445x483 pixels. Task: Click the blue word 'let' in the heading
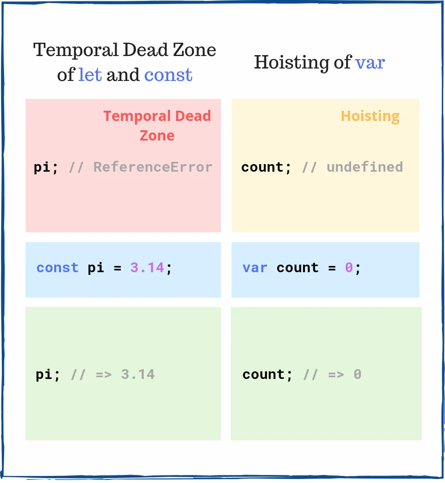click(90, 75)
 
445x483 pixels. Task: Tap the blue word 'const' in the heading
click(168, 75)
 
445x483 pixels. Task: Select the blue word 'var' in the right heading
click(370, 62)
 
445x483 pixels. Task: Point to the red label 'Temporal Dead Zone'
click(157, 125)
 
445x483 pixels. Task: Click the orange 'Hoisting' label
click(370, 116)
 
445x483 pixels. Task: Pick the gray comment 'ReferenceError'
click(153, 167)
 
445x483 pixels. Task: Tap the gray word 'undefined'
click(364, 167)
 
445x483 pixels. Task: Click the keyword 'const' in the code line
click(57, 268)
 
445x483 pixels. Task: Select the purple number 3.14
click(147, 268)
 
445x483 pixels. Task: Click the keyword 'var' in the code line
click(255, 268)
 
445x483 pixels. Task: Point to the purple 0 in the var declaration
click(349, 268)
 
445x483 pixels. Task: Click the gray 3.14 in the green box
click(138, 374)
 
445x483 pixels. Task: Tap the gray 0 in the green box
click(357, 374)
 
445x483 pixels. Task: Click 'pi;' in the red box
click(46, 168)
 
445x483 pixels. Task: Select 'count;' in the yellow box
click(266, 168)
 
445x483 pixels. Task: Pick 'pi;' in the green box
click(48, 374)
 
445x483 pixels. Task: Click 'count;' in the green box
click(267, 374)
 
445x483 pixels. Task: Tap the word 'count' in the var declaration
click(297, 268)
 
